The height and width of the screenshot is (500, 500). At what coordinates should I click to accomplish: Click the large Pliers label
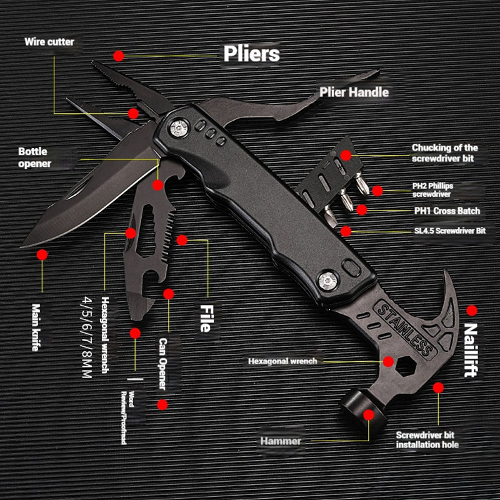(251, 54)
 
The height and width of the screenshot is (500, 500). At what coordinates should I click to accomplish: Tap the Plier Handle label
(354, 92)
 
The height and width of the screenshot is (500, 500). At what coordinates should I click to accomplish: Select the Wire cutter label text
(49, 42)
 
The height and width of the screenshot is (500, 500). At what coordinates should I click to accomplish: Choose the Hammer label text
(281, 441)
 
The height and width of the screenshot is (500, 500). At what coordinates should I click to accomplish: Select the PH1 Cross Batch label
(447, 211)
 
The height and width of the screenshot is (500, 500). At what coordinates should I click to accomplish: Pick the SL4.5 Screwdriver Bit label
(449, 231)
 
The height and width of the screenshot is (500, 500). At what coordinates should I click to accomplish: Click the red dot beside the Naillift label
(472, 310)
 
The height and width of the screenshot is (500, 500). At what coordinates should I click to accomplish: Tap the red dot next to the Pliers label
(119, 55)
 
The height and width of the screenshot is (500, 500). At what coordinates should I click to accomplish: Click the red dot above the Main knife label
(42, 255)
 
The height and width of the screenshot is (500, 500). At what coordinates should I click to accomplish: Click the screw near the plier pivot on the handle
(180, 128)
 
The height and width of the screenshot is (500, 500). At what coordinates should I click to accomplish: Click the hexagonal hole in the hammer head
(391, 362)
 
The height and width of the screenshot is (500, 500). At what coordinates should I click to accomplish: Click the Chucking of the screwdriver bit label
(444, 153)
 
